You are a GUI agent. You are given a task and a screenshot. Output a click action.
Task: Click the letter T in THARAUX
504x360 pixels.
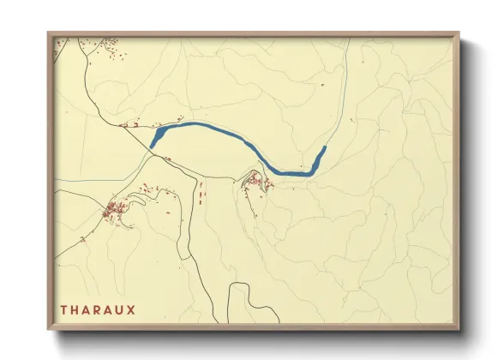point(63,307)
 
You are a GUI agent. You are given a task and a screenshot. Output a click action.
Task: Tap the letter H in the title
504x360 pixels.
point(75,307)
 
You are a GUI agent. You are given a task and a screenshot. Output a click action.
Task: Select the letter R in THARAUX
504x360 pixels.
point(101,307)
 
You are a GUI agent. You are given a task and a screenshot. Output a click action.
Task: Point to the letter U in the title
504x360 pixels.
point(128,307)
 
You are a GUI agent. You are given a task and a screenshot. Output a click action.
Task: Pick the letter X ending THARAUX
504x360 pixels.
point(141,307)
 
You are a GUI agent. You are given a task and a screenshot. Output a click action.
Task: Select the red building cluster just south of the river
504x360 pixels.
point(255,181)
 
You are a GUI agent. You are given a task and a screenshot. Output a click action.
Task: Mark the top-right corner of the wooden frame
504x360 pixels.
point(459,34)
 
